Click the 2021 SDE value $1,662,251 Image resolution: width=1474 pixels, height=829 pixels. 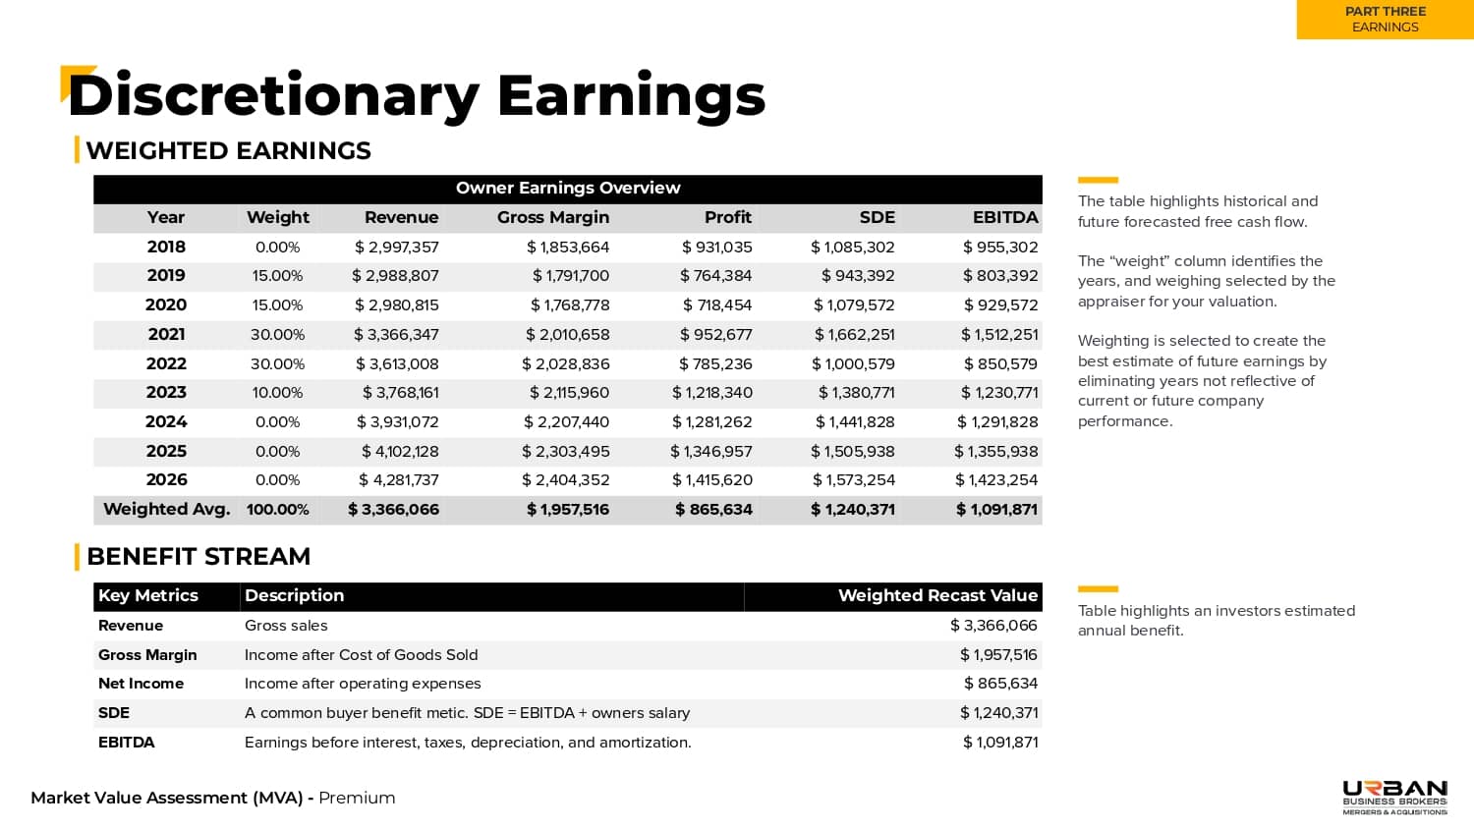click(x=854, y=335)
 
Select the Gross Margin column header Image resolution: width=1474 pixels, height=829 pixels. click(x=552, y=218)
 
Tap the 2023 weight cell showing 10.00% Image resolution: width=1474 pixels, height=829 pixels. click(x=277, y=393)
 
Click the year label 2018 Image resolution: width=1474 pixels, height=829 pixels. click(x=166, y=248)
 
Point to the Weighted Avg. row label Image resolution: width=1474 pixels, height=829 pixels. click(x=166, y=510)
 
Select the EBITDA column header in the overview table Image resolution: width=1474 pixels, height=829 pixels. click(x=1004, y=218)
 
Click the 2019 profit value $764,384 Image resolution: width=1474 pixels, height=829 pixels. click(x=715, y=276)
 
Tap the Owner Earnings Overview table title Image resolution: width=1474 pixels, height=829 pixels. click(x=568, y=189)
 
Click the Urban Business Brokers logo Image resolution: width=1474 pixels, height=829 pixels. click(x=1394, y=797)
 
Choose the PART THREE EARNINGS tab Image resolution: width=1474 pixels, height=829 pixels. click(x=1385, y=20)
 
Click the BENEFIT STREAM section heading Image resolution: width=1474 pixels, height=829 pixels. click(x=198, y=557)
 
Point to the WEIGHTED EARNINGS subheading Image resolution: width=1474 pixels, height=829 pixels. click(x=228, y=151)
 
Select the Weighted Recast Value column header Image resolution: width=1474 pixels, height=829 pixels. click(x=937, y=596)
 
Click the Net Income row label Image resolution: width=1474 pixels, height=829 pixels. click(x=141, y=684)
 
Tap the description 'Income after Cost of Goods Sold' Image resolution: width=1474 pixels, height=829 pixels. click(x=361, y=655)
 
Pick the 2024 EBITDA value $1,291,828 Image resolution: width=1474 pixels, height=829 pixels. click(x=997, y=422)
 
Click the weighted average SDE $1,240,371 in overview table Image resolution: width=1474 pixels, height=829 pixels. click(x=853, y=510)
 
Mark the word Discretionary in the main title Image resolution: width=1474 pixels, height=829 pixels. click(x=273, y=96)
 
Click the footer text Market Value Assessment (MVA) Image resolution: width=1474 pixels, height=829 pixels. click(x=167, y=799)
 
